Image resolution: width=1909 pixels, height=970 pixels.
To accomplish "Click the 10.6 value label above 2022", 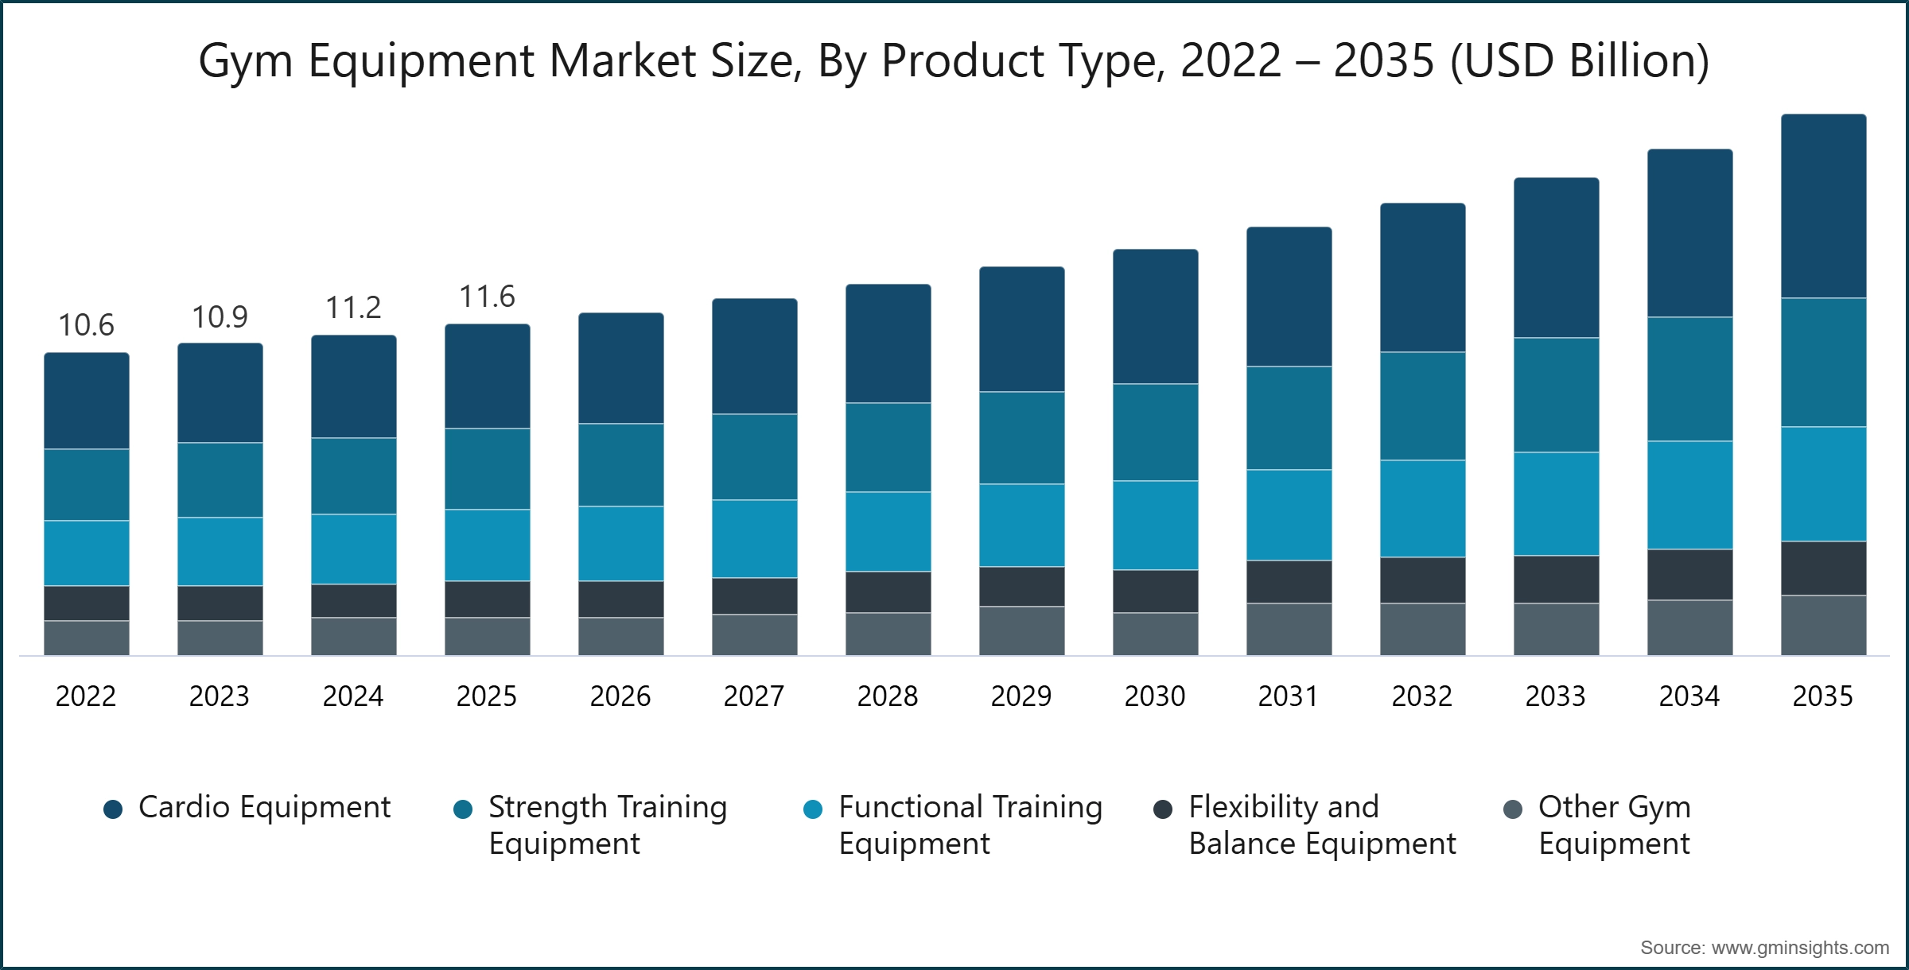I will click(x=86, y=325).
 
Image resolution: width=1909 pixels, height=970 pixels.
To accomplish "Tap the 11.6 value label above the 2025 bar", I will click(x=487, y=297).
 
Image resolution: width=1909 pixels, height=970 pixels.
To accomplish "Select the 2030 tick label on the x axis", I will click(x=1154, y=696).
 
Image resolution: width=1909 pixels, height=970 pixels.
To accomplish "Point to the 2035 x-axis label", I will click(x=1822, y=696).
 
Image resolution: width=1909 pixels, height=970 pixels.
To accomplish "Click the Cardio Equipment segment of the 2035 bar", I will click(x=1823, y=206).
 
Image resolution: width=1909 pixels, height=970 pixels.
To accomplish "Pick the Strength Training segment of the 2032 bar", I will click(x=1422, y=405).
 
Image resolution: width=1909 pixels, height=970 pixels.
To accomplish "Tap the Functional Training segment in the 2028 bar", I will click(x=888, y=531).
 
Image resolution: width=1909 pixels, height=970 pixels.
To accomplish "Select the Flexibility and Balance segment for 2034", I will click(x=1689, y=574).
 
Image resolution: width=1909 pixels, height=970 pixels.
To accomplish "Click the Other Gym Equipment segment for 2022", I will click(x=86, y=638).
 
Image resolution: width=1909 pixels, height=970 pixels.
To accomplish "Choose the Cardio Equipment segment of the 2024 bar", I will click(x=353, y=386).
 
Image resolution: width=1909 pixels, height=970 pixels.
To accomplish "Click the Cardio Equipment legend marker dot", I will click(x=113, y=809).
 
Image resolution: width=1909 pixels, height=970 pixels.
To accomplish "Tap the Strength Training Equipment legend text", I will click(x=608, y=825).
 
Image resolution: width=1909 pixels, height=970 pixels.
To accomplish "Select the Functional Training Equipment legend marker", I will click(x=813, y=809).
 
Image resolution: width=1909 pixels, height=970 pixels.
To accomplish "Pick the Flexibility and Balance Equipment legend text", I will click(x=1322, y=825).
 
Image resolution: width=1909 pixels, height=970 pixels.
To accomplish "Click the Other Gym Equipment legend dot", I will click(x=1513, y=809).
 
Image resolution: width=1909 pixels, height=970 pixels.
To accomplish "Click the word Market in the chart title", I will click(x=623, y=61).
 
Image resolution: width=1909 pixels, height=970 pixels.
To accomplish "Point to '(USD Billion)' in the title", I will click(x=1580, y=61).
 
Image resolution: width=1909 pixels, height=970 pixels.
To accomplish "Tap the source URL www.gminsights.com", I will click(x=1799, y=948).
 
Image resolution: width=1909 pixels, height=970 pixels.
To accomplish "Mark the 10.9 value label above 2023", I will click(x=220, y=317).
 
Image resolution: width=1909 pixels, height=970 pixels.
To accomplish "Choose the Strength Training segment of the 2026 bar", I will click(x=620, y=464).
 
